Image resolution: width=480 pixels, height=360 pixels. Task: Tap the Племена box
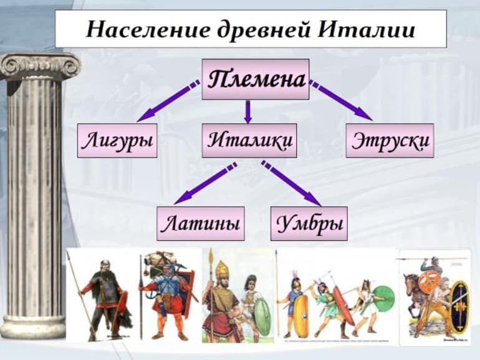point(256,79)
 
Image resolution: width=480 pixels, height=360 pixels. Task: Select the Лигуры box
point(117,140)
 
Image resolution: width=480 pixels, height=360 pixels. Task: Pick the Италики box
point(249,140)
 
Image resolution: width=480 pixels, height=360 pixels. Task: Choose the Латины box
point(200,223)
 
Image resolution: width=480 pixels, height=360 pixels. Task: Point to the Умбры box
point(309,223)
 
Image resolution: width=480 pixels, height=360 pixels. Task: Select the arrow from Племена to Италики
point(247,111)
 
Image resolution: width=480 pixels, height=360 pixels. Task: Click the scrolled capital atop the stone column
point(39,66)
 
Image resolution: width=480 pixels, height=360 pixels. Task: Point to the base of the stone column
point(34,328)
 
